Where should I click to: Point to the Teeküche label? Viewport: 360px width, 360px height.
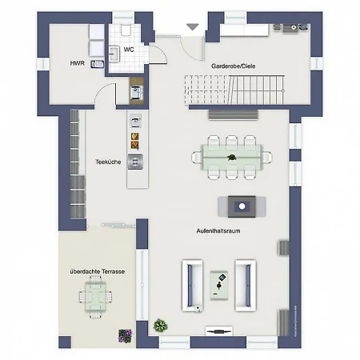(108, 162)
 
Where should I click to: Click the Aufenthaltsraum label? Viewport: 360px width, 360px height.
(219, 230)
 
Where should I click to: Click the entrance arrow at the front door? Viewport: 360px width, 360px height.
(191, 27)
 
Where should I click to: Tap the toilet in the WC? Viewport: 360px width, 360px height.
(126, 30)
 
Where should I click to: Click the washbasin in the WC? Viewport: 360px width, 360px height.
(114, 54)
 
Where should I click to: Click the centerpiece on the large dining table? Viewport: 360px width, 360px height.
(231, 152)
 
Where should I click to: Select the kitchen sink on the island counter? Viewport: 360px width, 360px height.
(136, 161)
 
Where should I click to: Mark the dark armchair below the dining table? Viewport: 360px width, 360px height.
(241, 206)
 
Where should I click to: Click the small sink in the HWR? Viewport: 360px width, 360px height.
(97, 63)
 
